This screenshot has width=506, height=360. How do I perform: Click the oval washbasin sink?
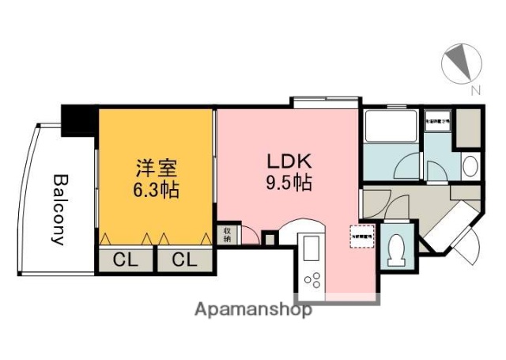[469, 166]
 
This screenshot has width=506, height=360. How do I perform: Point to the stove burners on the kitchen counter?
[312, 279]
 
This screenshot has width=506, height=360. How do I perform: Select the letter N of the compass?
[475, 91]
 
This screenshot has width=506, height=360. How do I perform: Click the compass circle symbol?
[461, 63]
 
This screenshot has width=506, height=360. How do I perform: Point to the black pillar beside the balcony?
[79, 119]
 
